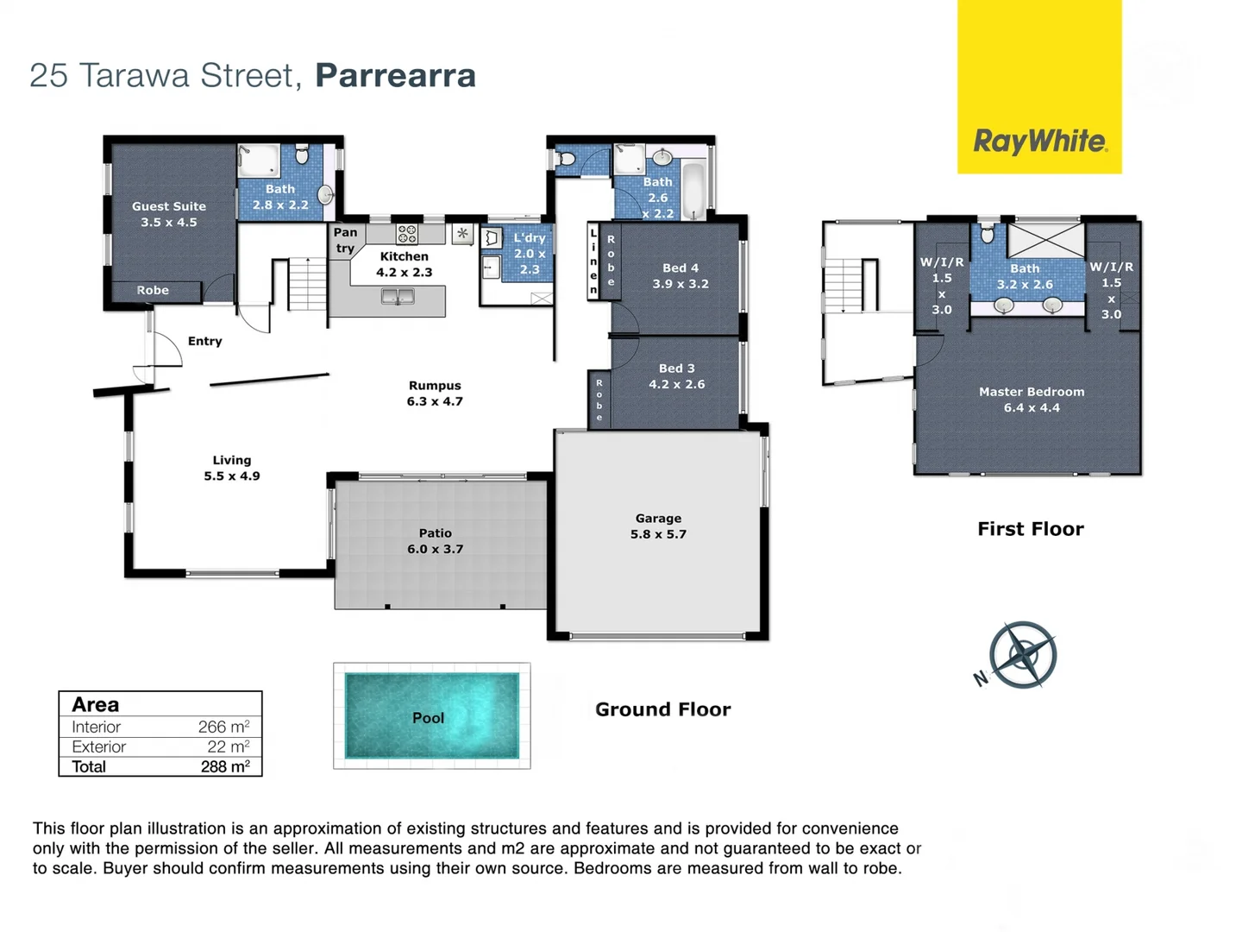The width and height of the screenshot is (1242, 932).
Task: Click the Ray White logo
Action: pyautogui.click(x=1039, y=141)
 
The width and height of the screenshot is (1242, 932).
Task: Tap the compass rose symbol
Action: pyautogui.click(x=1022, y=654)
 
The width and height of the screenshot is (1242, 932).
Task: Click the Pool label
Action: pyautogui.click(x=429, y=718)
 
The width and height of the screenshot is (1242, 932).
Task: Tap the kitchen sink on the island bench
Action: pyautogui.click(x=398, y=297)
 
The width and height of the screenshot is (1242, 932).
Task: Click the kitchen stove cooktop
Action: pyautogui.click(x=407, y=233)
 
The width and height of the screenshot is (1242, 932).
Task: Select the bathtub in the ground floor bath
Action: pyautogui.click(x=694, y=190)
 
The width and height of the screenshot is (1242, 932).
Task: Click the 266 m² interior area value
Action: pyautogui.click(x=223, y=727)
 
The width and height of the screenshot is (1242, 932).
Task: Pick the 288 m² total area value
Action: pyautogui.click(x=224, y=766)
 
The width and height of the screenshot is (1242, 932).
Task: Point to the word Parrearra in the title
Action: pyautogui.click(x=395, y=75)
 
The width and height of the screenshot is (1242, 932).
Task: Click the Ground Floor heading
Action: pyautogui.click(x=662, y=709)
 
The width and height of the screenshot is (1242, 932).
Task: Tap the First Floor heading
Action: pyautogui.click(x=1030, y=529)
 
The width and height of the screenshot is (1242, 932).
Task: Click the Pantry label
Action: pyautogui.click(x=345, y=240)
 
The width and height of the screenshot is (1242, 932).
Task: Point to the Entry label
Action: pyautogui.click(x=205, y=341)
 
